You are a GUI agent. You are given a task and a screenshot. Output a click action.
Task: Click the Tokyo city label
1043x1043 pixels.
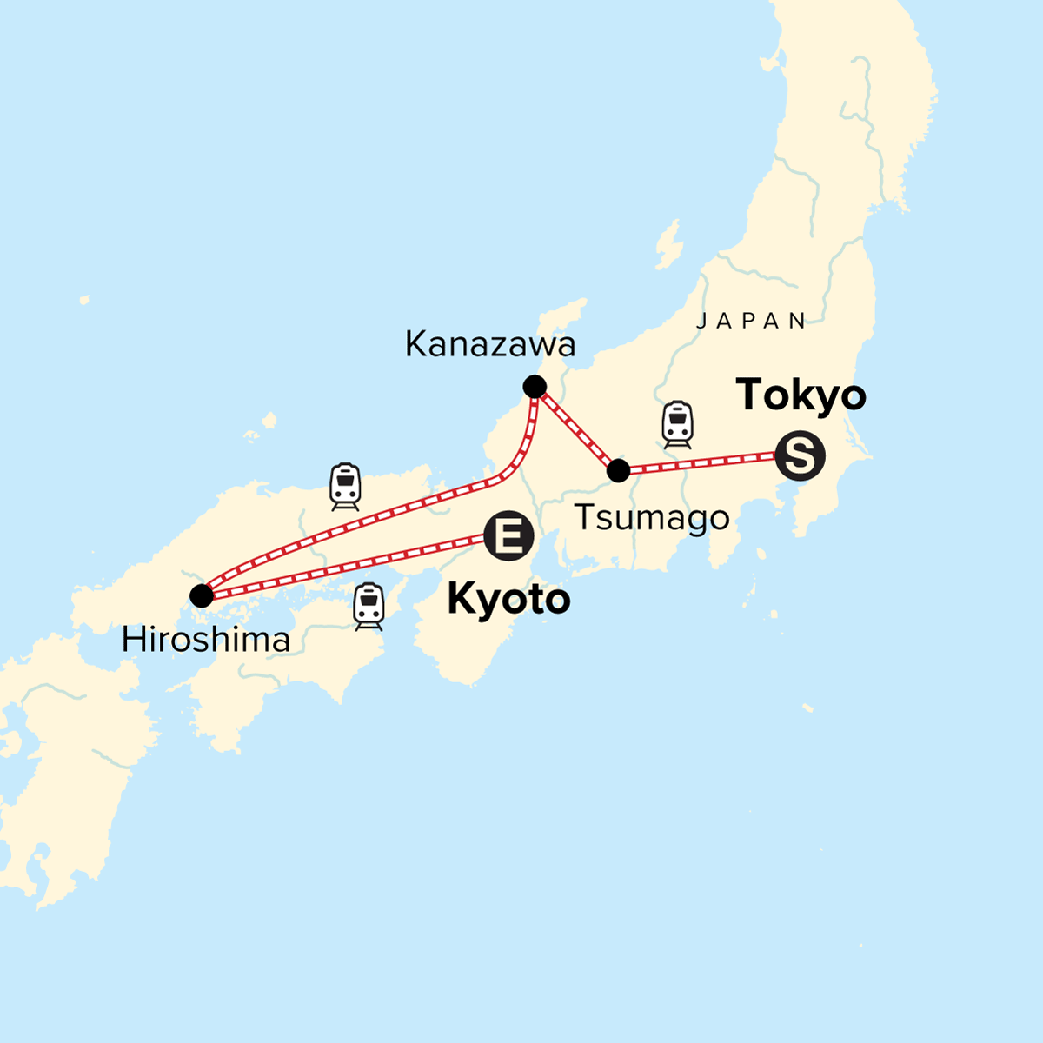tap(801, 395)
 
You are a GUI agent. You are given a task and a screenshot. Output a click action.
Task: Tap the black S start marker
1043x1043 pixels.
tap(800, 455)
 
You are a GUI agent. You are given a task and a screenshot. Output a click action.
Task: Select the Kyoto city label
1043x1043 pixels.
tap(508, 600)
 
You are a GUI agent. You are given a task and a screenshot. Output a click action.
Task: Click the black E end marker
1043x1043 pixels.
tap(508, 536)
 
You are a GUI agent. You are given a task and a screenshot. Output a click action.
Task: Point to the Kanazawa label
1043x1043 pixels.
tap(490, 345)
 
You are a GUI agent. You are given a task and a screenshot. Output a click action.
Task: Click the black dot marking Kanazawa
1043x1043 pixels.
tap(535, 387)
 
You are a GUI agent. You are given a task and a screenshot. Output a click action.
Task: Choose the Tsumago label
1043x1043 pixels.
tap(652, 518)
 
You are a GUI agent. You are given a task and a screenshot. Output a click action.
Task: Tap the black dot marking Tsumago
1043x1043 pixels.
tap(618, 471)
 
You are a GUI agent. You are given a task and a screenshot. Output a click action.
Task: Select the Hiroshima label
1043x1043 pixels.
tap(206, 641)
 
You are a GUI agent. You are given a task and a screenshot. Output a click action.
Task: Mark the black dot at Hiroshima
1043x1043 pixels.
tap(202, 595)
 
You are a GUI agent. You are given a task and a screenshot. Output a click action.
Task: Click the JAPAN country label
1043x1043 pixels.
tap(752, 321)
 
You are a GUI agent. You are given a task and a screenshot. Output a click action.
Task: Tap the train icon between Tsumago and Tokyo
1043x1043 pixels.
tap(678, 424)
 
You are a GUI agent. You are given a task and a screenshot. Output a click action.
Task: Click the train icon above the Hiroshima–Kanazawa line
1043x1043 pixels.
tap(345, 486)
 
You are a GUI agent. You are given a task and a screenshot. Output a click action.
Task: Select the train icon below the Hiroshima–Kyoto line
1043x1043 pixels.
tap(369, 606)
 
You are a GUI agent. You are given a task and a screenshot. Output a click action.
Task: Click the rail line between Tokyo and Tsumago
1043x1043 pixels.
tap(704, 463)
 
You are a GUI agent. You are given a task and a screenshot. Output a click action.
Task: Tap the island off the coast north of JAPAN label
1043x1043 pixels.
tap(668, 244)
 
